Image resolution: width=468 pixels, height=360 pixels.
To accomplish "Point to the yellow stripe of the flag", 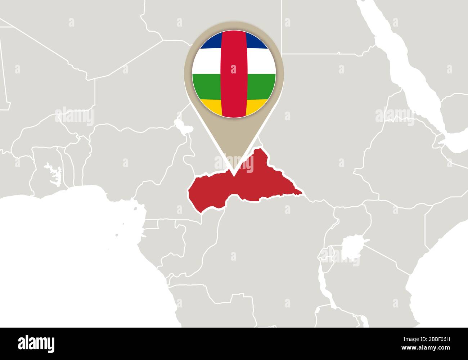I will (x=211, y=105).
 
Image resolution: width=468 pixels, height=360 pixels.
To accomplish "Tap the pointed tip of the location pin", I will (x=234, y=175).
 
